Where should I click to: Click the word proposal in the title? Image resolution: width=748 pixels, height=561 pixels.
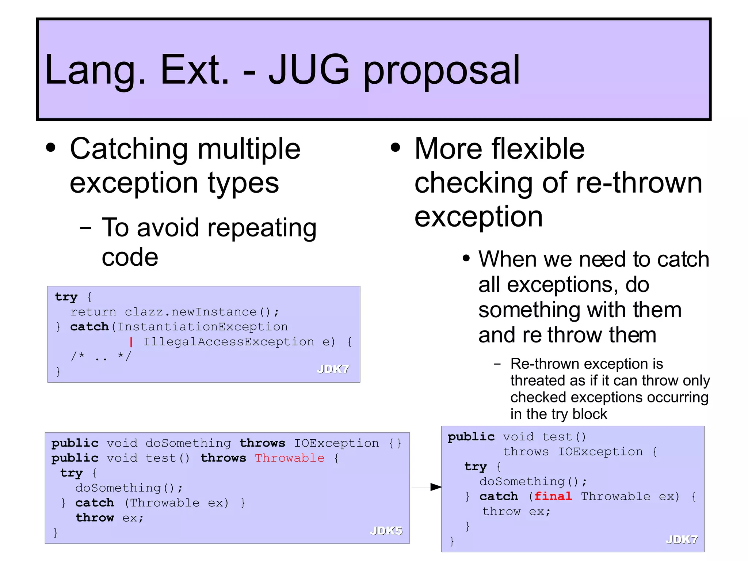point(441,71)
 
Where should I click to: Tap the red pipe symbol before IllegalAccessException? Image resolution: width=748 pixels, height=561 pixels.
point(131,342)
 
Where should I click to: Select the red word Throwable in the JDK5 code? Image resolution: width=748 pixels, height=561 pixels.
point(290,458)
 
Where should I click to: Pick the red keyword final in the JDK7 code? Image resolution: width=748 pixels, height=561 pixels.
point(553,496)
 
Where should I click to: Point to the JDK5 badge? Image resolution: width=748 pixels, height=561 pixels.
point(386,531)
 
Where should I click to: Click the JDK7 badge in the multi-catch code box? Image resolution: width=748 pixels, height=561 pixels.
point(333,369)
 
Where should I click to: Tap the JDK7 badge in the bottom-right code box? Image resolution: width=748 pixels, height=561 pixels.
point(682,539)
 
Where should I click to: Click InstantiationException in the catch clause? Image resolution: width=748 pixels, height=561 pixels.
point(203,327)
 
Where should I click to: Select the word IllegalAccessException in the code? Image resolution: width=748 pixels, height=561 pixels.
point(228,342)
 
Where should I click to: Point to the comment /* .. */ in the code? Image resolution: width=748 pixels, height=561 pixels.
point(101,356)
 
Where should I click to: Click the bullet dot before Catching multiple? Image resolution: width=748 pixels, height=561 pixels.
point(51,148)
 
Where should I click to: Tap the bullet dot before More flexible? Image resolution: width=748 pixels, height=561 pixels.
point(395,148)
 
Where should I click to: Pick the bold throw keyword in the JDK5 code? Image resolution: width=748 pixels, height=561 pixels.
point(95,518)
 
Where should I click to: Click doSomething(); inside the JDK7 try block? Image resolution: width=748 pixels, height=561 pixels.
point(533,482)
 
